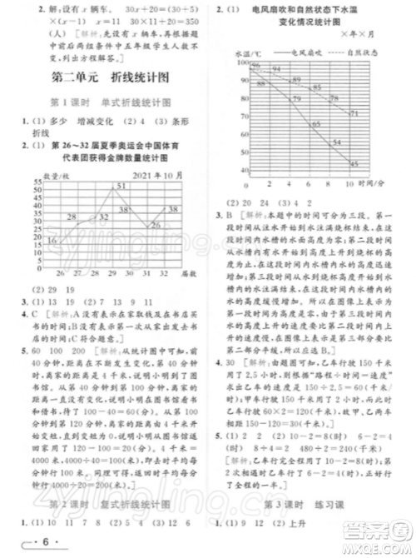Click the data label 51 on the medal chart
click(121, 186)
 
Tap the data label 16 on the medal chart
click(52, 241)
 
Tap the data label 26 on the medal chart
click(156, 226)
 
